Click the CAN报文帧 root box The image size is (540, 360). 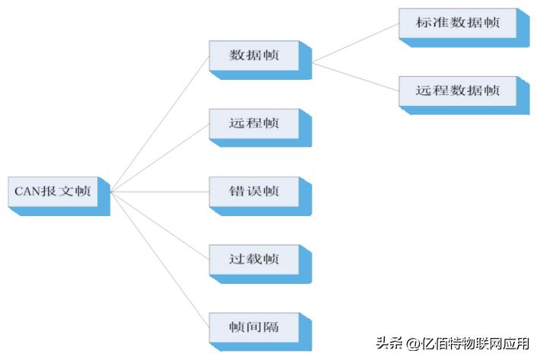[59, 196]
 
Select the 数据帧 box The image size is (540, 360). [260, 60]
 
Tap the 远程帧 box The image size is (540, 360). [260, 128]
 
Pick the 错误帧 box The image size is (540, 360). [260, 196]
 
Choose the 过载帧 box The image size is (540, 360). [260, 264]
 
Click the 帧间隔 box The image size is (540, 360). [260, 332]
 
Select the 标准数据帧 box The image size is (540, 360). [464, 27]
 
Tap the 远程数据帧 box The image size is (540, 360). [464, 95]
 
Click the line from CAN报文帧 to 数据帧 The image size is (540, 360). [160, 123]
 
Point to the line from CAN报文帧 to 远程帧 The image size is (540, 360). [160, 158]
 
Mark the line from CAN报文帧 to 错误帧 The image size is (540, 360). [160, 192]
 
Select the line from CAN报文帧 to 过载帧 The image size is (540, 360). [160, 225]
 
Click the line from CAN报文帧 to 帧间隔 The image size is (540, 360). [160, 260]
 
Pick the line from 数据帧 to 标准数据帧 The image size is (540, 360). [355, 43]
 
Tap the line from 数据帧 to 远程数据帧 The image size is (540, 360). [355, 77]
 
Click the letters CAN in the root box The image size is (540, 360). [28, 191]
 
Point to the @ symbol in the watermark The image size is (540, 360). [412, 343]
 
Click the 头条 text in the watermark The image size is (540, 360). [389, 342]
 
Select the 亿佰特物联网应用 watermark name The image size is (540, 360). [475, 343]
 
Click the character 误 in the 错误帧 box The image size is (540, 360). [254, 191]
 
